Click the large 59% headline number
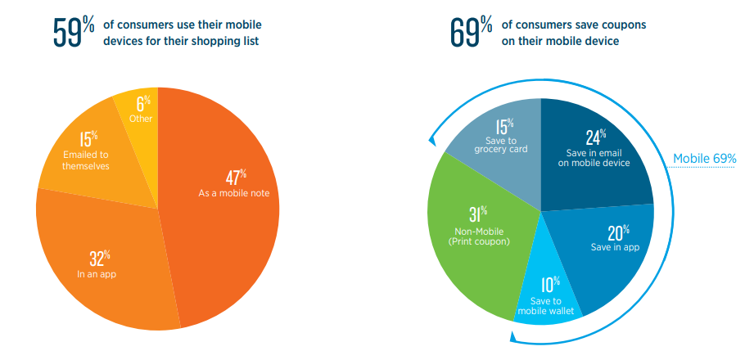click(74, 33)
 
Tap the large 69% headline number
click(471, 33)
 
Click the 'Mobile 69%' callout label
click(704, 159)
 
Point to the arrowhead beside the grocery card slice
click(431, 139)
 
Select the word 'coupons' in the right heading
click(625, 25)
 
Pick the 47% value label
click(236, 178)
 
